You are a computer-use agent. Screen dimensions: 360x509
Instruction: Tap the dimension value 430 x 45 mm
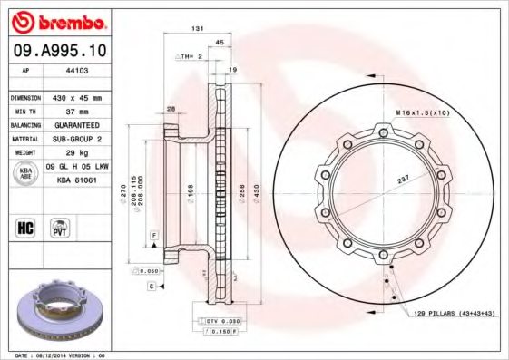80,97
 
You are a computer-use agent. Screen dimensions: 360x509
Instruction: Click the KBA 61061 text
77,180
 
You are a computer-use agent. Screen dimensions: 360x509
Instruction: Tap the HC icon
25,227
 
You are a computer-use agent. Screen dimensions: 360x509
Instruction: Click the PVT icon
60,227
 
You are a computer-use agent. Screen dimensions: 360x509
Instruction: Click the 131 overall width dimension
195,29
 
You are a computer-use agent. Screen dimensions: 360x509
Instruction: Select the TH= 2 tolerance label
188,56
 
